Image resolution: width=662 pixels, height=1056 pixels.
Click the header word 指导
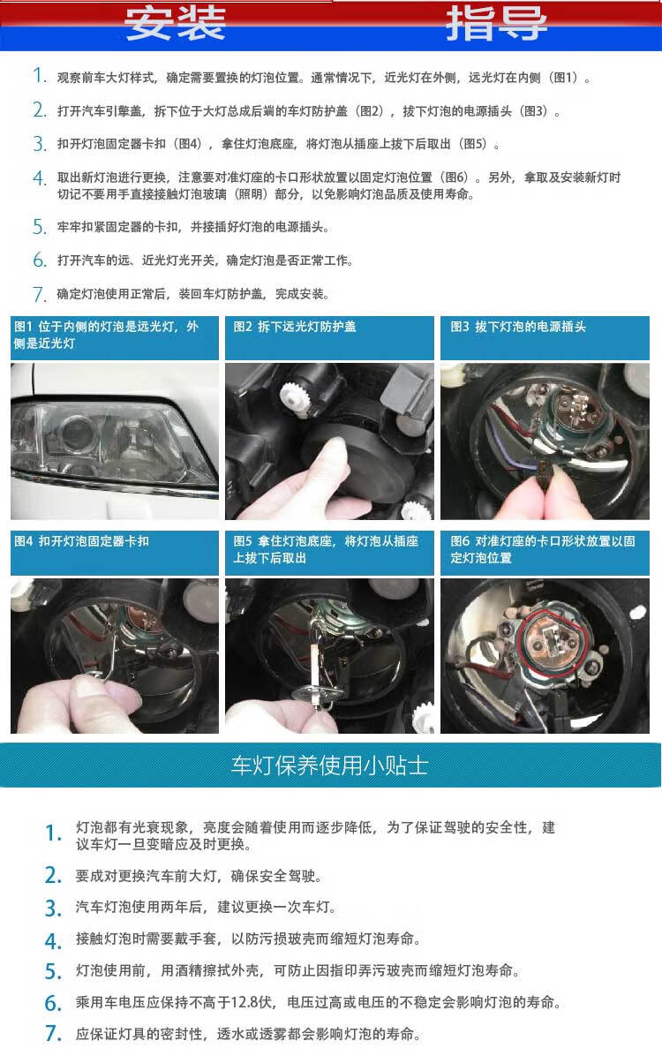[x=496, y=24]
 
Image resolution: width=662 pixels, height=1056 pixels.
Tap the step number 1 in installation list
[x=39, y=77]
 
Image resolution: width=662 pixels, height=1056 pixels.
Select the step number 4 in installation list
[x=39, y=178]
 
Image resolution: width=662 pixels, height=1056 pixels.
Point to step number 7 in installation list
[x=39, y=294]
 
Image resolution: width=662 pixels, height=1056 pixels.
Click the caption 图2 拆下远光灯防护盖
[x=295, y=327]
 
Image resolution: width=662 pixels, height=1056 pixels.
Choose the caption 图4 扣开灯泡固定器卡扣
[x=81, y=541]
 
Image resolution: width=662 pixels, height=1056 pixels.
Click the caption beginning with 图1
[x=107, y=335]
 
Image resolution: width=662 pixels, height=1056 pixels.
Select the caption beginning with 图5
[x=326, y=549]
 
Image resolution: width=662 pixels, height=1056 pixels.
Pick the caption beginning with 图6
[x=543, y=549]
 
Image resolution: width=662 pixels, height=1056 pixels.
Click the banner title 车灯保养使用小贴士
[x=330, y=765]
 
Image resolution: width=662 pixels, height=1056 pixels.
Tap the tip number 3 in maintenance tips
[x=53, y=909]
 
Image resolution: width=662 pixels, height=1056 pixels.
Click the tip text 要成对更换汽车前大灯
[x=199, y=876]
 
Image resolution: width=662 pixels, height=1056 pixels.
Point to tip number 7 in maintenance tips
[x=53, y=1034]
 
